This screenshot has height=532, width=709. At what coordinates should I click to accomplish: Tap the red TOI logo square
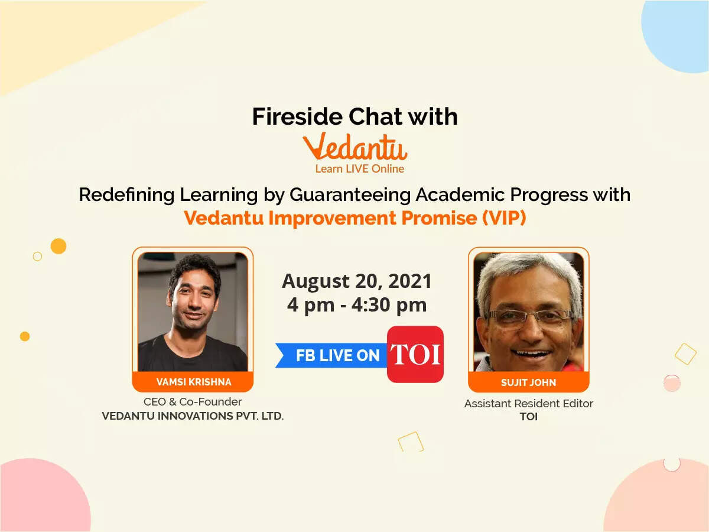pyautogui.click(x=415, y=354)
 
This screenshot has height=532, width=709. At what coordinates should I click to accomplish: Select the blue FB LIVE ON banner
pyautogui.click(x=334, y=355)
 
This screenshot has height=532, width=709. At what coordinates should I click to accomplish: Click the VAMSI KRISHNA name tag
pyautogui.click(x=193, y=382)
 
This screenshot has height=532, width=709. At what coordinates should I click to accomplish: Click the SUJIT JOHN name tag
pyautogui.click(x=529, y=382)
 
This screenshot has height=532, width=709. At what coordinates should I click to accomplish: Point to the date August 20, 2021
pyautogui.click(x=357, y=281)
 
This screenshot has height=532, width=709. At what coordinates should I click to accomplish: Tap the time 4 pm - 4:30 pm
pyautogui.click(x=357, y=305)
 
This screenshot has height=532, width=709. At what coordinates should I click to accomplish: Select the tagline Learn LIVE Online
pyautogui.click(x=359, y=169)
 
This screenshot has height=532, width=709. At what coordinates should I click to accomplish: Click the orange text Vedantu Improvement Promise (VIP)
pyautogui.click(x=354, y=218)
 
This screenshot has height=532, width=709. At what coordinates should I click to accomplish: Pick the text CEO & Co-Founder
pyautogui.click(x=193, y=402)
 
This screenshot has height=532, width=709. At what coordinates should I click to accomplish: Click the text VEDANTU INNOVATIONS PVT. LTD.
pyautogui.click(x=193, y=416)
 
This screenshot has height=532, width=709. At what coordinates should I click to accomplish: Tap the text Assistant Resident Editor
pyautogui.click(x=528, y=404)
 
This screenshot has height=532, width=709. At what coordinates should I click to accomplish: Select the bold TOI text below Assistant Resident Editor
pyautogui.click(x=528, y=417)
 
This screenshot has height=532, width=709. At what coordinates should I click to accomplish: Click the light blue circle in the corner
pyautogui.click(x=679, y=33)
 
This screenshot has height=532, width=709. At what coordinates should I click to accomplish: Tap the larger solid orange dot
pyautogui.click(x=58, y=246)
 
